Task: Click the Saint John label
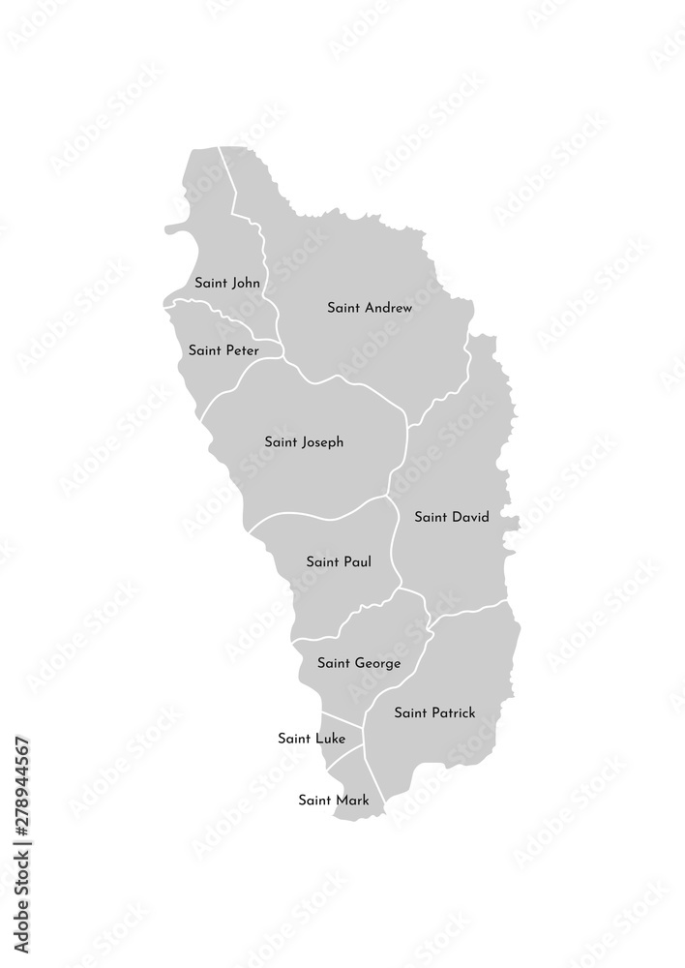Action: (227, 284)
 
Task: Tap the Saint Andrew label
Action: (370, 308)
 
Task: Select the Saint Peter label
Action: (223, 350)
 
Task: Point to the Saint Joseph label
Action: (304, 442)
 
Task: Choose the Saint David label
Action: (451, 517)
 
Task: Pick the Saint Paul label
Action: (338, 561)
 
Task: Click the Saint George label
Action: (358, 663)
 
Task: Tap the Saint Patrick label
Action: (434, 713)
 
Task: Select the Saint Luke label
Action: (312, 739)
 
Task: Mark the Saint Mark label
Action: (333, 800)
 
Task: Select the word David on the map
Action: (469, 517)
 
